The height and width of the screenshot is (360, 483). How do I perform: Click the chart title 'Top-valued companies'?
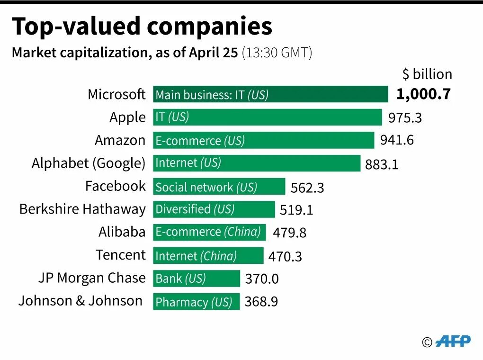tap(142, 27)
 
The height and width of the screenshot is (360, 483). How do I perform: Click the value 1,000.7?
tap(423, 94)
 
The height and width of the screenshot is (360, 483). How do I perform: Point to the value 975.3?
tap(405, 117)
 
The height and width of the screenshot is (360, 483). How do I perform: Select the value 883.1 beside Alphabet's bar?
tap(382, 164)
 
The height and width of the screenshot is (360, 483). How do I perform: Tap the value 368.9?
tap(261, 302)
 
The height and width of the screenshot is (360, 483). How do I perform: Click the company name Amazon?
tap(120, 140)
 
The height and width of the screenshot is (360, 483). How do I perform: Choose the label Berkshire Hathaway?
tap(82, 209)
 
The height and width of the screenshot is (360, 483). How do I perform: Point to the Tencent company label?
tap(121, 255)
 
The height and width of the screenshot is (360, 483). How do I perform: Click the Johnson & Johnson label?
tap(80, 301)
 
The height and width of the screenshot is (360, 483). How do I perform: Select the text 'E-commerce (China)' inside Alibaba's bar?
tap(208, 232)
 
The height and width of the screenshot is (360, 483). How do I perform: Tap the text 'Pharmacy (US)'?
tap(194, 302)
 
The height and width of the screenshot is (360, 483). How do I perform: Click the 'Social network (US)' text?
tap(206, 187)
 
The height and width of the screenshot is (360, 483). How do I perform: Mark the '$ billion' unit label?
tap(427, 74)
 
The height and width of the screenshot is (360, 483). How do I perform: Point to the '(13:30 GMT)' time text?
tap(277, 53)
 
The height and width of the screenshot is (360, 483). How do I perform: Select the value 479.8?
tap(289, 233)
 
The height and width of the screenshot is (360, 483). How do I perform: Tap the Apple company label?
tap(127, 117)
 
